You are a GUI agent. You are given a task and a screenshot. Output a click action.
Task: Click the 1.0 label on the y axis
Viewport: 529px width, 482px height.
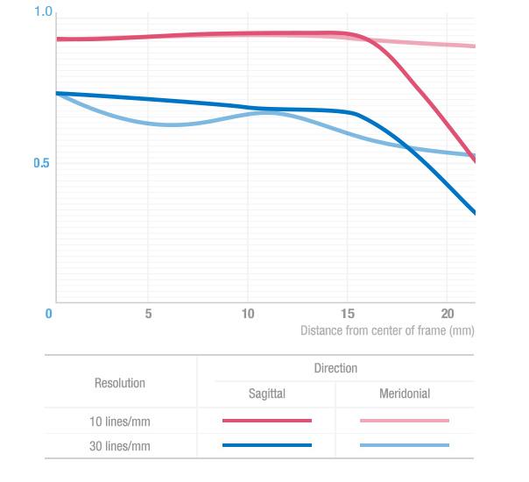[x=43, y=12]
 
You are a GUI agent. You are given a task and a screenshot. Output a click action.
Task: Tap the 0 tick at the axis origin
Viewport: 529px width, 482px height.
[x=49, y=314]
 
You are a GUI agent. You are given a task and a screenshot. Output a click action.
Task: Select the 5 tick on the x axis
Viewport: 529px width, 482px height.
[x=149, y=314]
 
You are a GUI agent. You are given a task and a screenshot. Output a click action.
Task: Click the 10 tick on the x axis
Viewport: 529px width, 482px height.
[x=248, y=314]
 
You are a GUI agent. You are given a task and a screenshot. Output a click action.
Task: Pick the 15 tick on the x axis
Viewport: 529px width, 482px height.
[x=348, y=314]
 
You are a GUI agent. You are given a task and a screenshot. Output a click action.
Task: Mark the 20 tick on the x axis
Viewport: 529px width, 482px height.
[x=447, y=314]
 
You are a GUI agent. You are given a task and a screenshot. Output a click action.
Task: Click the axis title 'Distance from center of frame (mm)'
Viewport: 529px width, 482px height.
[x=387, y=331]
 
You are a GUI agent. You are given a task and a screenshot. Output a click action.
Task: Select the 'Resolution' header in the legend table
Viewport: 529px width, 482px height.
[x=120, y=383]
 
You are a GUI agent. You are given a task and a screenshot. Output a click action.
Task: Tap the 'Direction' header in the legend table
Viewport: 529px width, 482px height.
[x=335, y=368]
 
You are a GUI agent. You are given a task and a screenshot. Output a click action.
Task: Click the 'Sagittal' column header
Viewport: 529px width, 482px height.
[x=266, y=394]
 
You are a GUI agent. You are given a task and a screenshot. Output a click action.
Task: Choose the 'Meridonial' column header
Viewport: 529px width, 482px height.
[x=405, y=394]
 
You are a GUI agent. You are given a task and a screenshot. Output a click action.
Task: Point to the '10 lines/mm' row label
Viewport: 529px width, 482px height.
[x=120, y=422]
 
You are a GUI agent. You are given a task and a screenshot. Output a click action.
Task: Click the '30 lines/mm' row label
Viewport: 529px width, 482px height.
[x=120, y=446]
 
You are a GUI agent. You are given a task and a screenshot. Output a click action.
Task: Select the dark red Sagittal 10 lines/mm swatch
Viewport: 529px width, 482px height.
[x=267, y=421]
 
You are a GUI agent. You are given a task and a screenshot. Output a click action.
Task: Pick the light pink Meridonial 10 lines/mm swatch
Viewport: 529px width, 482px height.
[x=405, y=421]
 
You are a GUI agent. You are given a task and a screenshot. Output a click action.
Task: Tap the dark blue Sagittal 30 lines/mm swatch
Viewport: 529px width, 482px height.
[x=267, y=445]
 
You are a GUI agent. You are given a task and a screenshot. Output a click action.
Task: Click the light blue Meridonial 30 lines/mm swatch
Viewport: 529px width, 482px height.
[x=405, y=445]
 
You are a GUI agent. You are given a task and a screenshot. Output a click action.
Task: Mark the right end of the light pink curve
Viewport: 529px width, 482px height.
[x=474, y=46]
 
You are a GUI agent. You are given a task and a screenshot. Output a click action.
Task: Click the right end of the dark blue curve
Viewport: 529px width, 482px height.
[x=474, y=212]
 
